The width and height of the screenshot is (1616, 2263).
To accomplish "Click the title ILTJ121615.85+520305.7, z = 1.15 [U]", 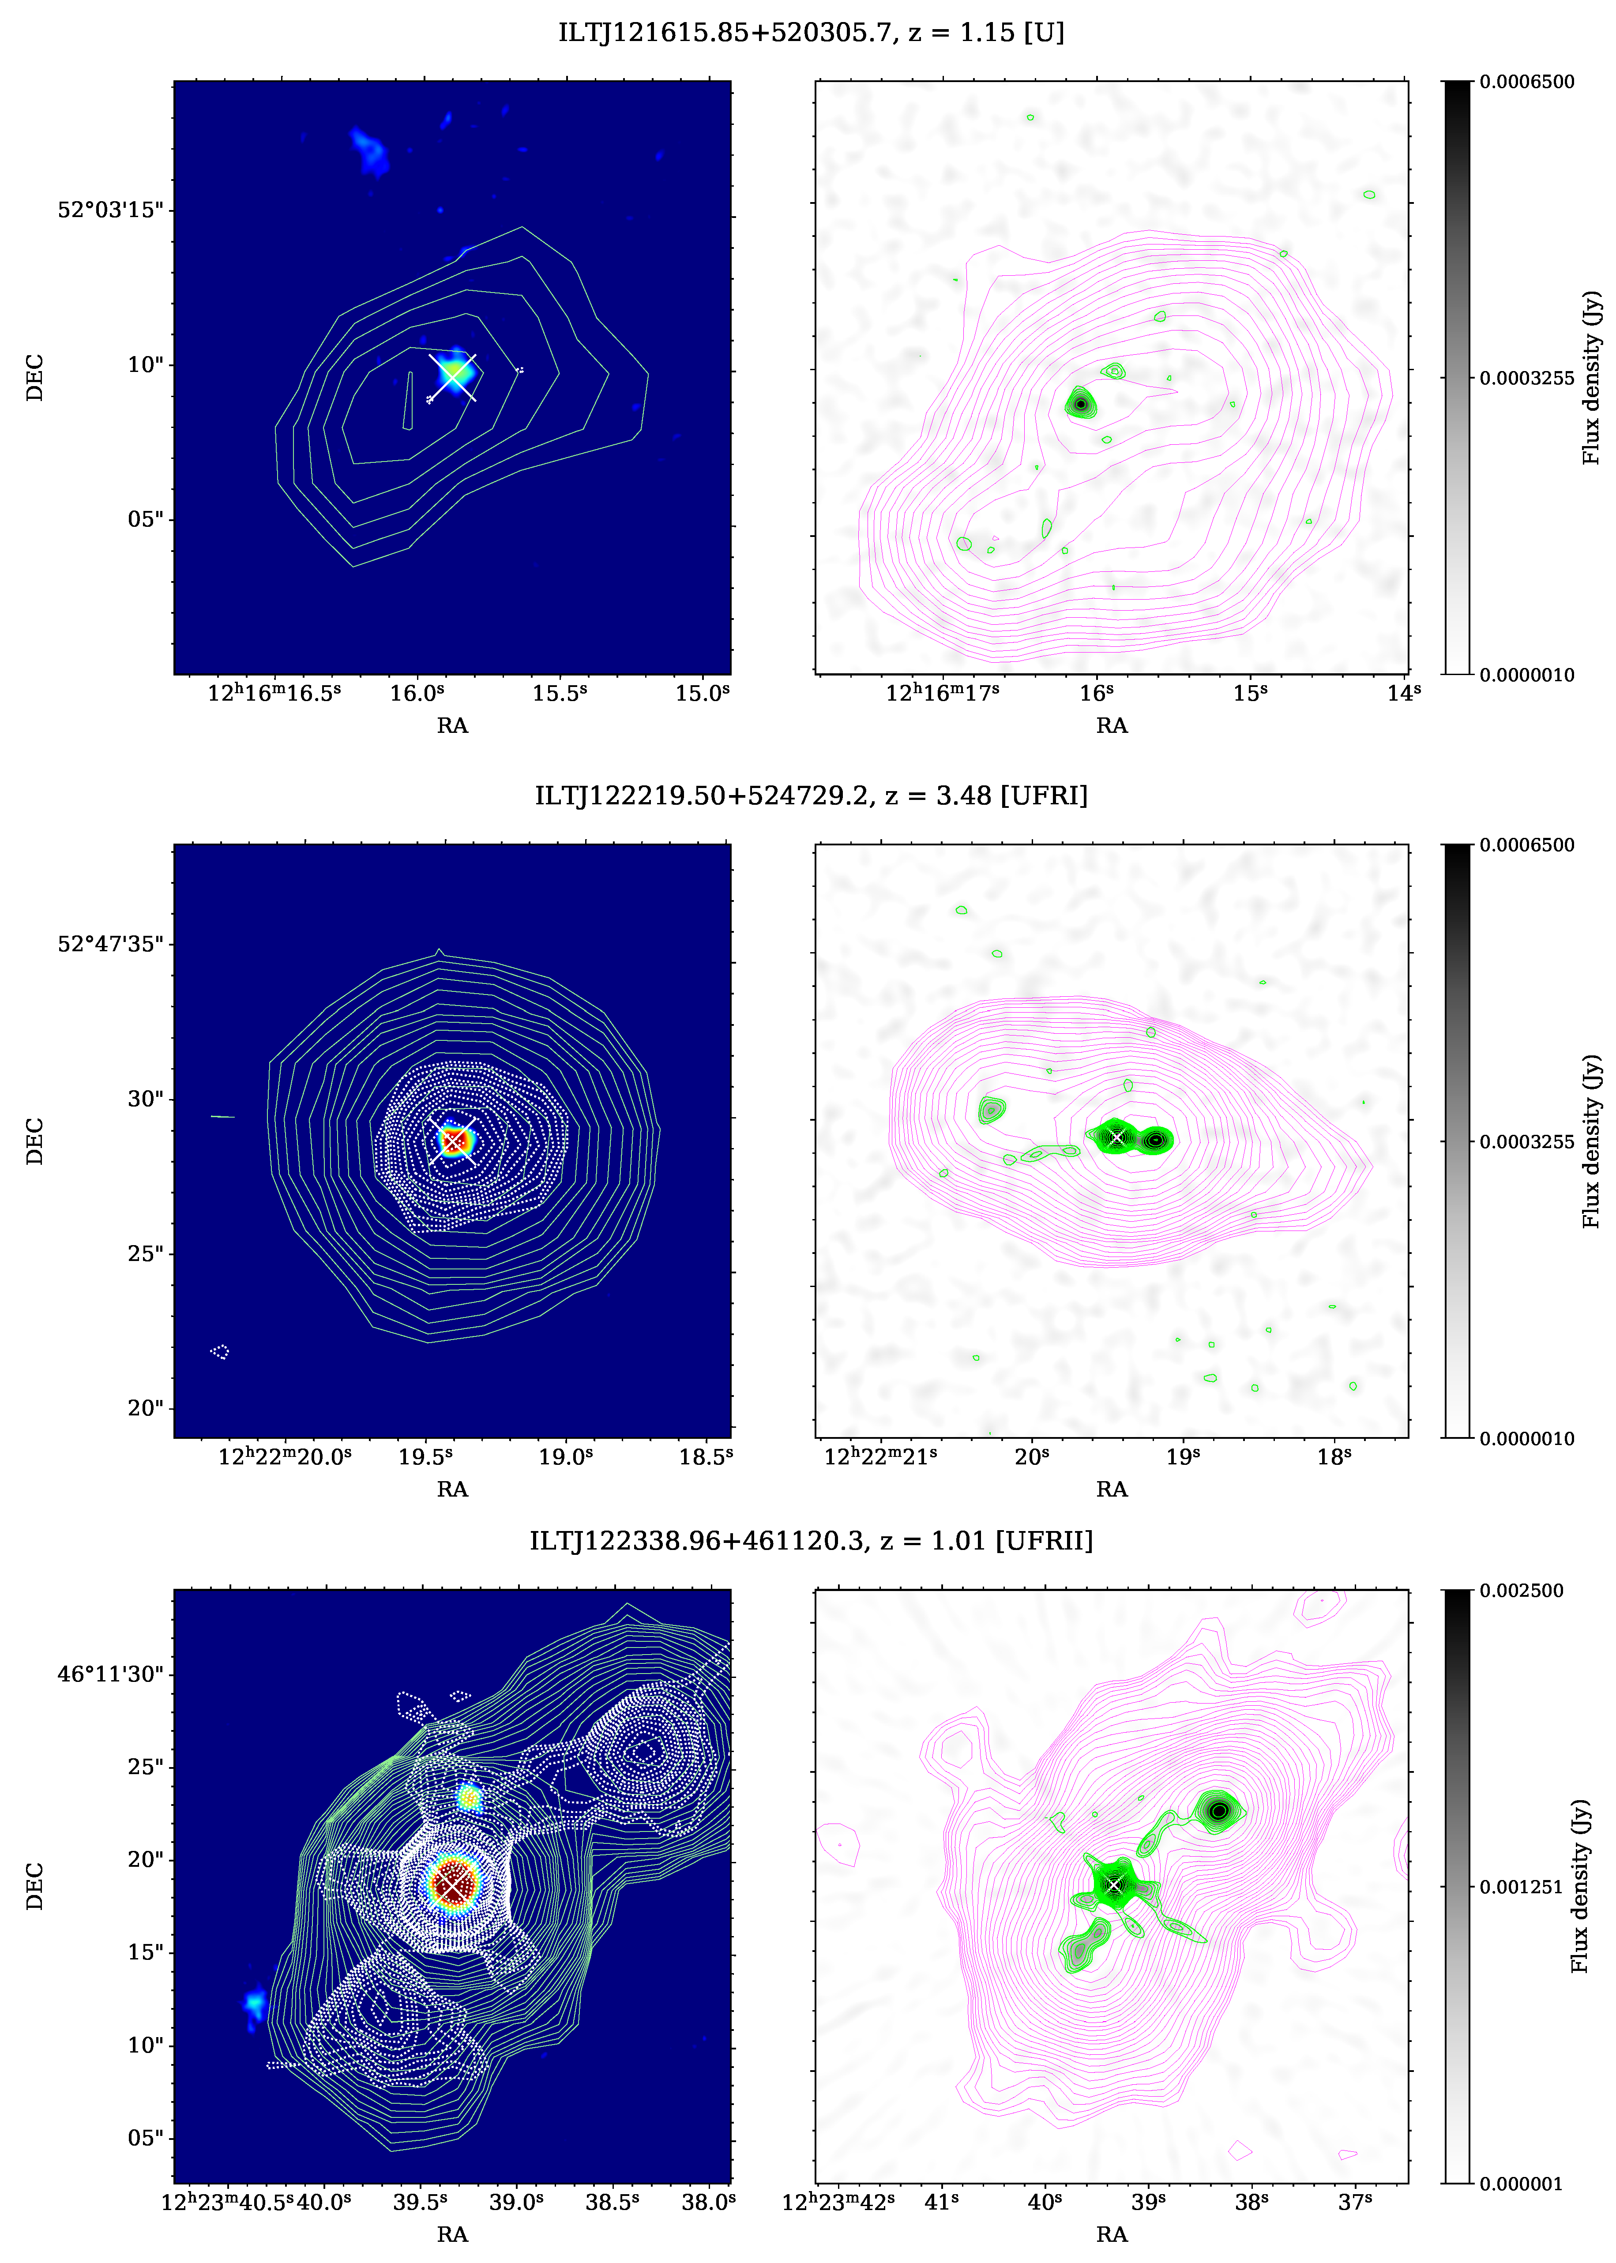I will (x=811, y=33).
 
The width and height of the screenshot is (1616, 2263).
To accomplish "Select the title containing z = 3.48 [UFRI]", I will (x=811, y=796).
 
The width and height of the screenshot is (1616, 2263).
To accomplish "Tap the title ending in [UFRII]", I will (x=811, y=1541).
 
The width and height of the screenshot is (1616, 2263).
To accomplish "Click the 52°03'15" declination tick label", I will (x=109, y=210).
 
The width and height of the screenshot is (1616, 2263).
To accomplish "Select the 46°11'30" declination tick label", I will (x=109, y=1674).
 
